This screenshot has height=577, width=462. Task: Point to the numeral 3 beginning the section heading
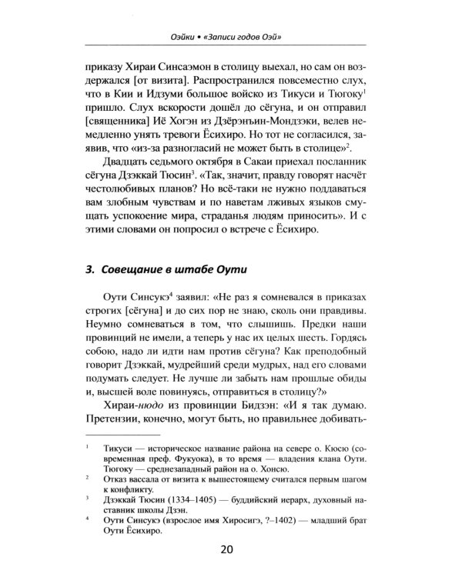pyautogui.click(x=89, y=268)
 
